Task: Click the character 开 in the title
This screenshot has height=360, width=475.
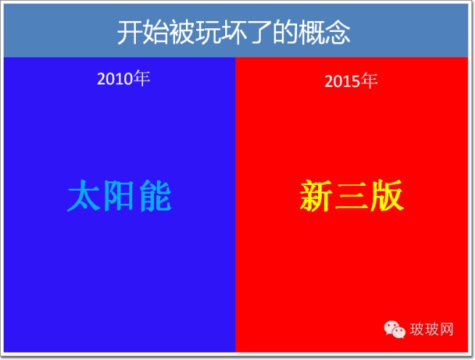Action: [129, 33]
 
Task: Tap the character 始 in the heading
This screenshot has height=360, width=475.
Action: [155, 33]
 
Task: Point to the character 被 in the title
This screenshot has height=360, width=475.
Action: [181, 33]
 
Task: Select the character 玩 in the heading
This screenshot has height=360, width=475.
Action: [207, 33]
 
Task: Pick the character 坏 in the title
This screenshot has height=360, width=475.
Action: [233, 33]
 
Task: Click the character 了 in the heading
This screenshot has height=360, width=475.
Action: [259, 33]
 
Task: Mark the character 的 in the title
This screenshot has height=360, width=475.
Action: [285, 33]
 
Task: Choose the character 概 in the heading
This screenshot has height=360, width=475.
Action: [311, 33]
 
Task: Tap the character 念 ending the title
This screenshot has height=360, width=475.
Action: [337, 33]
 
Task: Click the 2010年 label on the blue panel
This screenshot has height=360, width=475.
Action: [123, 78]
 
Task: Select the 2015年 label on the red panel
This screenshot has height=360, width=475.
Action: [351, 81]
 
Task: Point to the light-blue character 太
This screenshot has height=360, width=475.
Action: [84, 195]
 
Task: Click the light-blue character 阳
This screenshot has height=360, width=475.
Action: [119, 195]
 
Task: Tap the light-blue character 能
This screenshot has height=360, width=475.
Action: [155, 195]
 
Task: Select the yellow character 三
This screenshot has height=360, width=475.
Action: [352, 196]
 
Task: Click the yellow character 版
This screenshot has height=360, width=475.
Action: [387, 195]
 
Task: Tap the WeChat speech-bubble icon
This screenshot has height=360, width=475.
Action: [394, 330]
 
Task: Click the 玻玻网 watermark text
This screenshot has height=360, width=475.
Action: [431, 330]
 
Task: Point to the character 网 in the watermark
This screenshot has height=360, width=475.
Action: [447, 330]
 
